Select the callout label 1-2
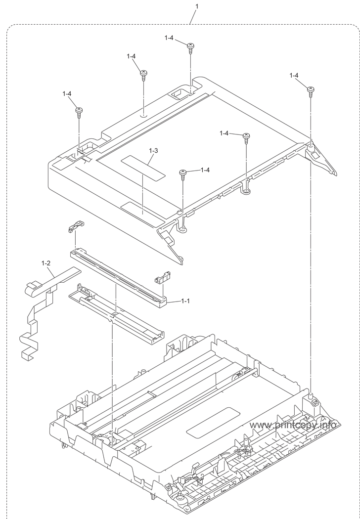[x=46, y=263]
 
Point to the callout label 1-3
[x=153, y=150]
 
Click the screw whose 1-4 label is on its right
[x=183, y=173]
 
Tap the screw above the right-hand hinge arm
[x=310, y=89]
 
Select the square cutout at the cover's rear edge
[x=177, y=92]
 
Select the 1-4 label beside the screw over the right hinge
[x=294, y=76]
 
